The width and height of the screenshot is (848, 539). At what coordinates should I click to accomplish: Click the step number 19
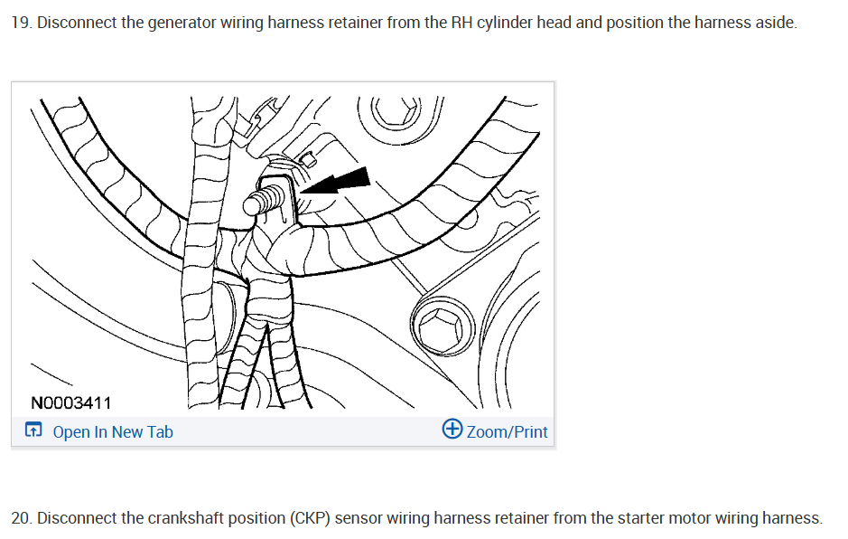(x=20, y=23)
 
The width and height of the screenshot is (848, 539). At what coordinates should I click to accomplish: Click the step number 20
(x=21, y=518)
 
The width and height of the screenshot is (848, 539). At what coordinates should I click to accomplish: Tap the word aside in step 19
(x=776, y=23)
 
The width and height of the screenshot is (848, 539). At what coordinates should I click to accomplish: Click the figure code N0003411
(x=70, y=402)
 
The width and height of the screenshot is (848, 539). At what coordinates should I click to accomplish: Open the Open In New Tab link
(x=113, y=432)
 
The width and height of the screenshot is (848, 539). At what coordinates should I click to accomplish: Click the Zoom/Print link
(x=507, y=432)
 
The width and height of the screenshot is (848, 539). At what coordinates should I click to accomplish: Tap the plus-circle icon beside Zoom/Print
(x=452, y=430)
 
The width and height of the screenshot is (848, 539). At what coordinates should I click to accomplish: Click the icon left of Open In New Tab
(x=33, y=431)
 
